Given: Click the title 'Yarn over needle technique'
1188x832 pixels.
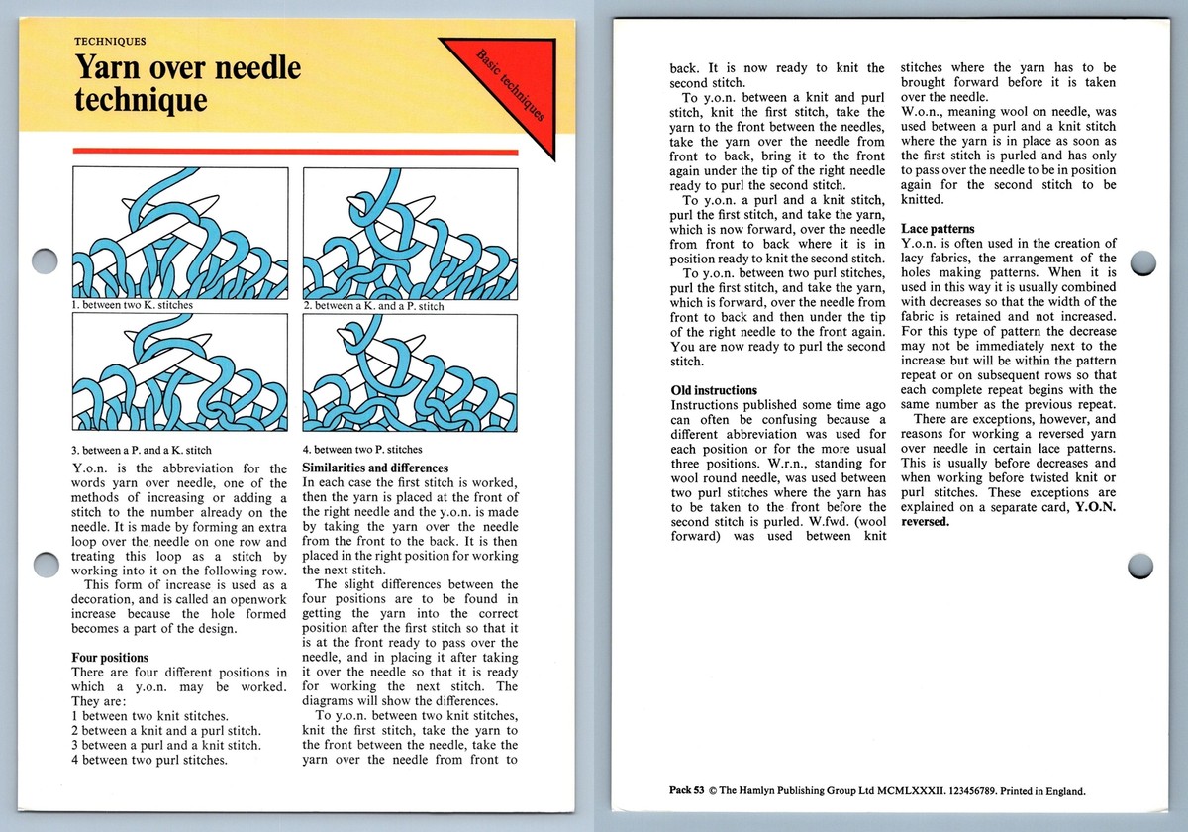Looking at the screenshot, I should (188, 84).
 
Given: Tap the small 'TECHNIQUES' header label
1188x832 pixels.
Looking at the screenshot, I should (111, 42).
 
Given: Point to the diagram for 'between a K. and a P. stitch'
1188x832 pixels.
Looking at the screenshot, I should (410, 234).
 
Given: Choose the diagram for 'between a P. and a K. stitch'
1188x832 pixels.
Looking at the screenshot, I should (181, 374).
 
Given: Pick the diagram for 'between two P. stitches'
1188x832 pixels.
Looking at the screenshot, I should (410, 374).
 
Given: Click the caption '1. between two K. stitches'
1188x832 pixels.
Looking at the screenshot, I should (133, 306).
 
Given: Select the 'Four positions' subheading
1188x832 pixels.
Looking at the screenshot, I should (111, 657).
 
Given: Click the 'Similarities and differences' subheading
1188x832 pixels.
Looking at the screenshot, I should (374, 468).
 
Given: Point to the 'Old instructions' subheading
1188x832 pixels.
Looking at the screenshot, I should (714, 390).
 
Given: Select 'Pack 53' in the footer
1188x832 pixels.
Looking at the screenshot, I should (686, 790).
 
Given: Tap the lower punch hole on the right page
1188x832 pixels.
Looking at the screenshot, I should (1140, 567).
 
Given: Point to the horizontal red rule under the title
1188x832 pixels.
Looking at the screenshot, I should (295, 152).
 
